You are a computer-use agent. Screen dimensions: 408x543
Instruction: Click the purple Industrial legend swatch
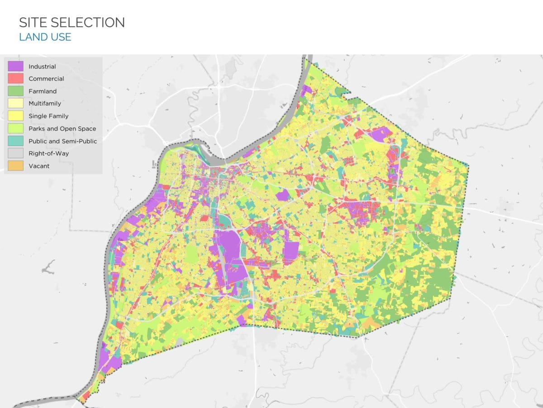tap(15, 66)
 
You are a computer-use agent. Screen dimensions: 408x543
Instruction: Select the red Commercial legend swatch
tap(15, 79)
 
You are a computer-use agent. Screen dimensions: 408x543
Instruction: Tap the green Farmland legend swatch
tap(15, 91)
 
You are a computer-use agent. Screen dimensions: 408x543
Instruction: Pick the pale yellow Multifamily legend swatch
tap(15, 104)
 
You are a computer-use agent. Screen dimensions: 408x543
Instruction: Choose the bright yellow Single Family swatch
tap(15, 116)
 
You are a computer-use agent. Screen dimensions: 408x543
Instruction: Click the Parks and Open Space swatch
tap(15, 129)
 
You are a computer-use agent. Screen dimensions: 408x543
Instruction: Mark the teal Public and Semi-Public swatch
tap(15, 141)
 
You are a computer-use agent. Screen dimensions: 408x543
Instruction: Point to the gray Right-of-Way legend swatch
tap(15, 153)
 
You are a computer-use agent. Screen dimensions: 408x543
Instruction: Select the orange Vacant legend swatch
tap(15, 166)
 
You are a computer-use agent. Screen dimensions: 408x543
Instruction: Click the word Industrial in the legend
tap(42, 67)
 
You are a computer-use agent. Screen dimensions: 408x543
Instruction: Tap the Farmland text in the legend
tap(43, 91)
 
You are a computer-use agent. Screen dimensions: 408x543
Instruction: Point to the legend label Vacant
tap(39, 166)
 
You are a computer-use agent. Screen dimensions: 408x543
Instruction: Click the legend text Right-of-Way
tap(48, 153)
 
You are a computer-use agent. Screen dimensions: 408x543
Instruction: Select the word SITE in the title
tap(33, 22)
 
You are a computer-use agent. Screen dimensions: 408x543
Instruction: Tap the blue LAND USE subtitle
tap(45, 37)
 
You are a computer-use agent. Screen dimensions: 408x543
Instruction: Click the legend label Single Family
tap(48, 116)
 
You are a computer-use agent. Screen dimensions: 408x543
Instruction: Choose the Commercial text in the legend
tap(46, 79)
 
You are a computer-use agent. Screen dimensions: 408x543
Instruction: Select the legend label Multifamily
tap(45, 104)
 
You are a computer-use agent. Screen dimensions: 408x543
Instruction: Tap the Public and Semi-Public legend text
tap(62, 141)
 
